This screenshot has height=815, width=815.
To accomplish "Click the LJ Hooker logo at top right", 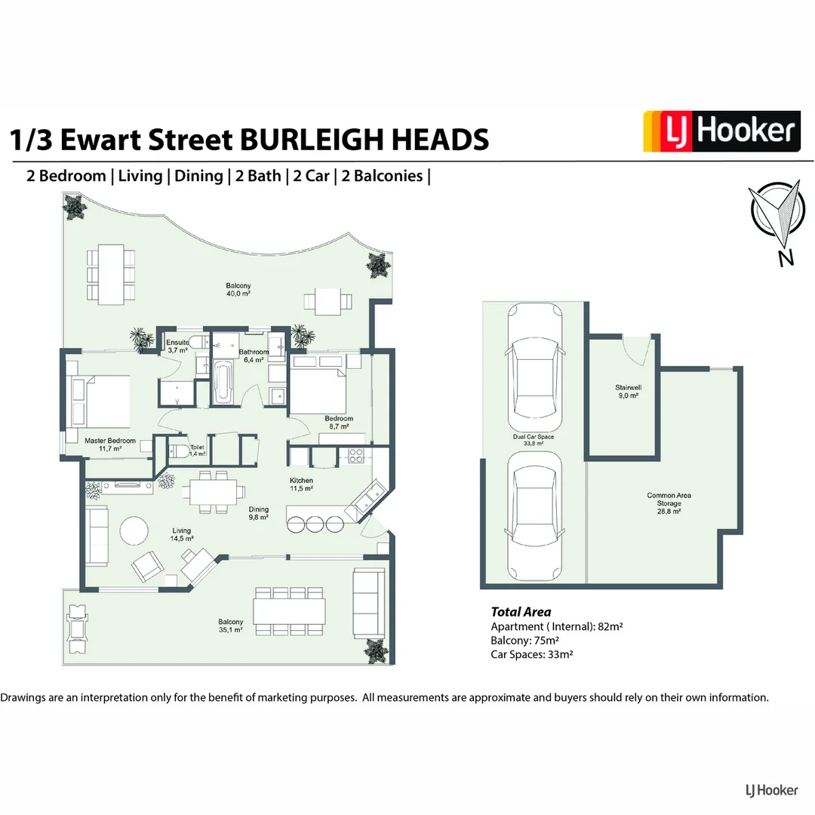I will tap(721, 131).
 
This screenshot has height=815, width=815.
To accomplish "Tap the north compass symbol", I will tap(775, 218).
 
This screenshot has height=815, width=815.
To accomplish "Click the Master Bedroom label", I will tap(110, 444).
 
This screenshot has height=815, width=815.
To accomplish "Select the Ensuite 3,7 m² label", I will tap(177, 346).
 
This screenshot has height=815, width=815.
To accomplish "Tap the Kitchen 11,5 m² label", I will tap(301, 484).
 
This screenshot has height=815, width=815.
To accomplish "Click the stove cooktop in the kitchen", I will tap(355, 456).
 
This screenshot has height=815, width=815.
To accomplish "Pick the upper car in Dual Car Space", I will tap(534, 365).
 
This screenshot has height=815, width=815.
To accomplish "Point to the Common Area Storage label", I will tap(669, 503).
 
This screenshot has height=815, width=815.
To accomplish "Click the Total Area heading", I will tap(521, 612).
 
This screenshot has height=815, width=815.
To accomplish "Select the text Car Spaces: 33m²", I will tap(531, 654).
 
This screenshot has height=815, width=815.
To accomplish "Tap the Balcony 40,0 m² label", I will tap(238, 290).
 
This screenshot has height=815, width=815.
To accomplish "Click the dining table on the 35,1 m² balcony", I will tap(290, 609).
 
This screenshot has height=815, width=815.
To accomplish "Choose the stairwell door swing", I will tap(640, 349).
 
